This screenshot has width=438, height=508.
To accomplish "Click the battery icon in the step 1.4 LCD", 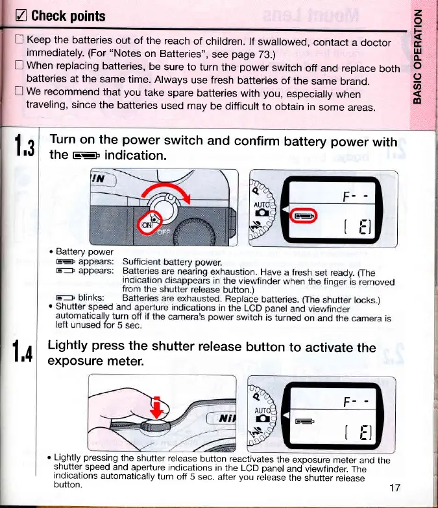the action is click(x=304, y=422).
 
